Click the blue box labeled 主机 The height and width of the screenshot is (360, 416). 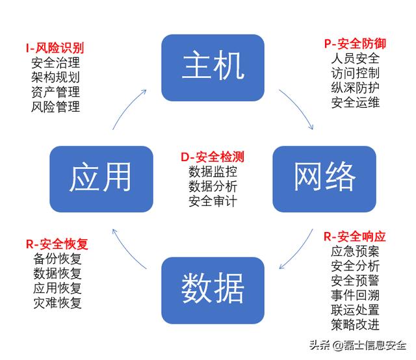pos(213,68)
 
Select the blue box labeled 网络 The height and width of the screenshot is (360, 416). pos(324,179)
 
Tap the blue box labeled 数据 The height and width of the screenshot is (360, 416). pos(213,290)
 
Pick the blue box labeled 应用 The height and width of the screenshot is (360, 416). pos(101,179)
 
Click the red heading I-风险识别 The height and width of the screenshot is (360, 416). pos(55,48)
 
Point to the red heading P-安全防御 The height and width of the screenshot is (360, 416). pos(355,44)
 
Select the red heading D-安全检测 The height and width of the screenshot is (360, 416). pos(213,157)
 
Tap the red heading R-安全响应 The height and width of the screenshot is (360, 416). pos(355,237)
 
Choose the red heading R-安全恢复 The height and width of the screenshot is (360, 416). pos(57,244)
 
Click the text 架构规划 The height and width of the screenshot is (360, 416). pos(55,77)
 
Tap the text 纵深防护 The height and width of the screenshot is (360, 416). pos(356,88)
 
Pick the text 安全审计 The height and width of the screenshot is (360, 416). pos(213,201)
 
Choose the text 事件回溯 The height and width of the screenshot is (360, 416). pos(356,295)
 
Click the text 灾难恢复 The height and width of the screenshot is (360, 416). pos(57,303)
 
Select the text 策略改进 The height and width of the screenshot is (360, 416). pos(356,324)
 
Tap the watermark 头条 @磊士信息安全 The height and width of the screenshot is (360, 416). pos(358,345)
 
